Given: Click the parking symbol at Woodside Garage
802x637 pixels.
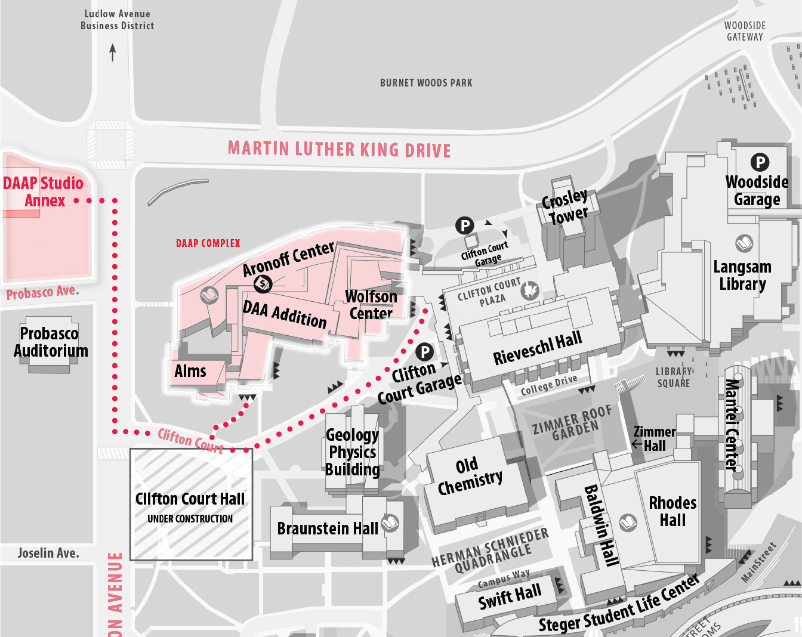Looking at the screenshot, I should (x=760, y=162).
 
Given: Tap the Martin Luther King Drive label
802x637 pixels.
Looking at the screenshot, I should (x=339, y=149).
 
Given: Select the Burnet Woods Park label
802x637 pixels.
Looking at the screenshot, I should (x=426, y=83).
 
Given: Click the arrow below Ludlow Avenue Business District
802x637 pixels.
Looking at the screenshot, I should (x=112, y=52).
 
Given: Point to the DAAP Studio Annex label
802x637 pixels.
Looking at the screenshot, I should (x=43, y=191).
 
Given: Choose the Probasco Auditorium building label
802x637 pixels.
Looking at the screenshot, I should (x=51, y=342).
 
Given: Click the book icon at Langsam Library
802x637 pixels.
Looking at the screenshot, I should (x=744, y=243).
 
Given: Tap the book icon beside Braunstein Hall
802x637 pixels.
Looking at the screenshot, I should (x=390, y=523).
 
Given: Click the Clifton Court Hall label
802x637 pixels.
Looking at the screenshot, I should (x=190, y=499).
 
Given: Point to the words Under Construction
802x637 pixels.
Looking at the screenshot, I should (x=190, y=519).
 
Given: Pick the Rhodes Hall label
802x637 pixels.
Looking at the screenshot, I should (x=673, y=511).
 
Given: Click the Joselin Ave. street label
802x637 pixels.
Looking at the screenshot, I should (x=48, y=553).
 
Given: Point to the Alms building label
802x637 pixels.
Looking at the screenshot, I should (x=190, y=371).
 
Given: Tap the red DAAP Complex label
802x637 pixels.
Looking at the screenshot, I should (x=208, y=243).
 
